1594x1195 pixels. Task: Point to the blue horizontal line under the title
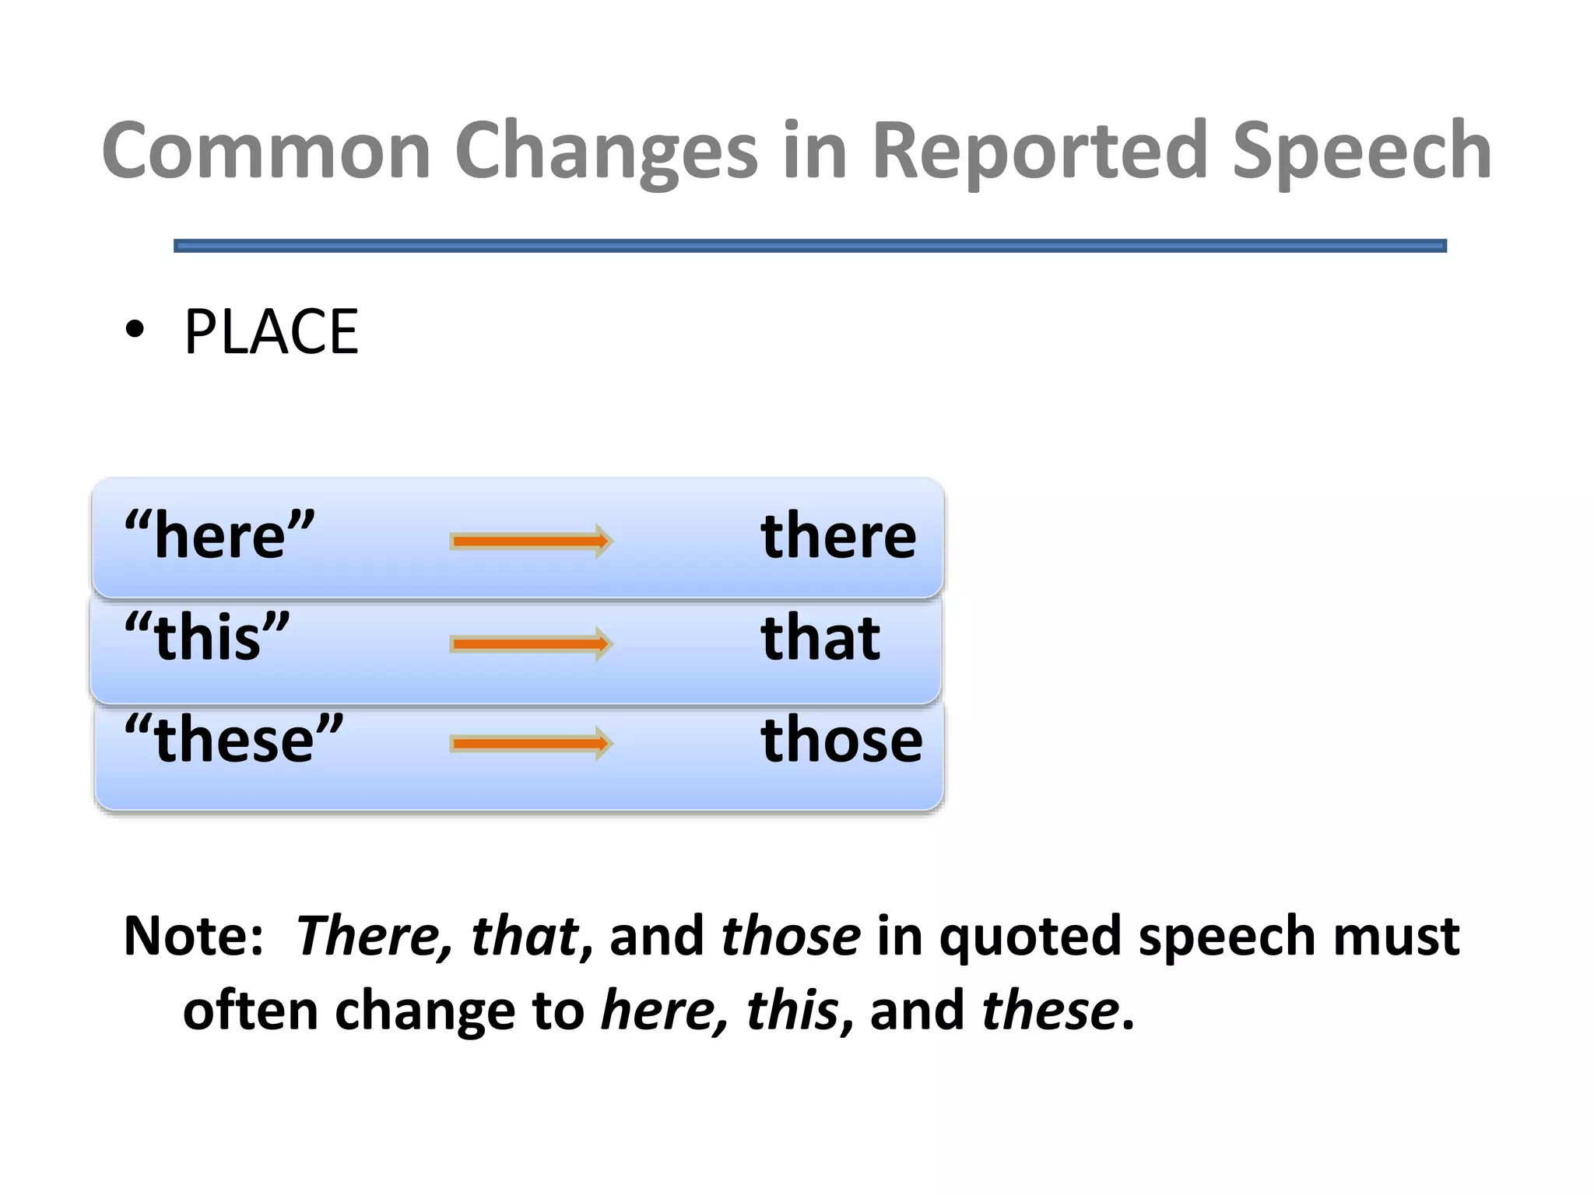(x=809, y=246)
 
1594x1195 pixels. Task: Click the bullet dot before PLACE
(x=135, y=330)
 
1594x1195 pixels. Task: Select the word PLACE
(x=271, y=332)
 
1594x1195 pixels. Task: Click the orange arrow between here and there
(x=532, y=541)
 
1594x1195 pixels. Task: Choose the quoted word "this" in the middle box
(x=207, y=636)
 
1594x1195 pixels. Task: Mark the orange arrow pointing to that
(x=532, y=643)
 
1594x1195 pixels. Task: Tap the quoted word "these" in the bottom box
(x=233, y=738)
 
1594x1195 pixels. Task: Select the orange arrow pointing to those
(x=532, y=744)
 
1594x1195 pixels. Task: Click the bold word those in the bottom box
(x=841, y=739)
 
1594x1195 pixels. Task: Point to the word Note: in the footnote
(x=194, y=936)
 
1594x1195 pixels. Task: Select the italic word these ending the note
(x=1050, y=1011)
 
